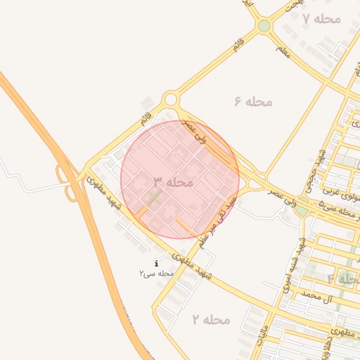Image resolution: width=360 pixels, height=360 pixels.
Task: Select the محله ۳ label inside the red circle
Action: click(174, 182)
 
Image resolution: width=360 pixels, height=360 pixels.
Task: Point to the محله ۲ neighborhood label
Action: click(211, 320)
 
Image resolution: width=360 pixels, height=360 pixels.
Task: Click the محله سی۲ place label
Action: click(156, 273)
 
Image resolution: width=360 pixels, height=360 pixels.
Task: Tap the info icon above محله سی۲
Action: click(156, 263)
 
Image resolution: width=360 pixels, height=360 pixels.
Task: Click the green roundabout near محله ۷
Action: click(264, 26)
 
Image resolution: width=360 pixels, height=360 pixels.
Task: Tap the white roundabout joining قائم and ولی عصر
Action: click(170, 100)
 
